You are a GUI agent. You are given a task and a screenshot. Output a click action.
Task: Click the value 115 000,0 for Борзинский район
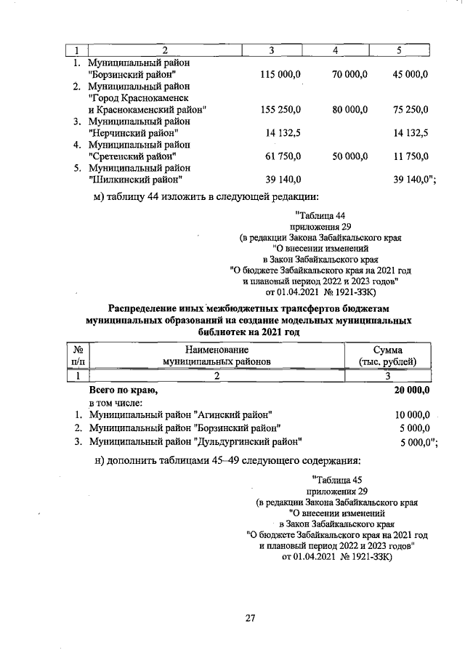[x=280, y=75]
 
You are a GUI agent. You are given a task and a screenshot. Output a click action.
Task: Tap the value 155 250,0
[x=280, y=110]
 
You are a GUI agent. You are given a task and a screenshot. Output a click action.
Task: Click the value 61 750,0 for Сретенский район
[x=283, y=156]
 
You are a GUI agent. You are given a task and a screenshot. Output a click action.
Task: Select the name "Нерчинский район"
[x=132, y=133]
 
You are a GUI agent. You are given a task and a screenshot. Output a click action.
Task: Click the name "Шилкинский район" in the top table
[x=134, y=180]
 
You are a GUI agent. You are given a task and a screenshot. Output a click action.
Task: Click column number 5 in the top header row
[x=399, y=50]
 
